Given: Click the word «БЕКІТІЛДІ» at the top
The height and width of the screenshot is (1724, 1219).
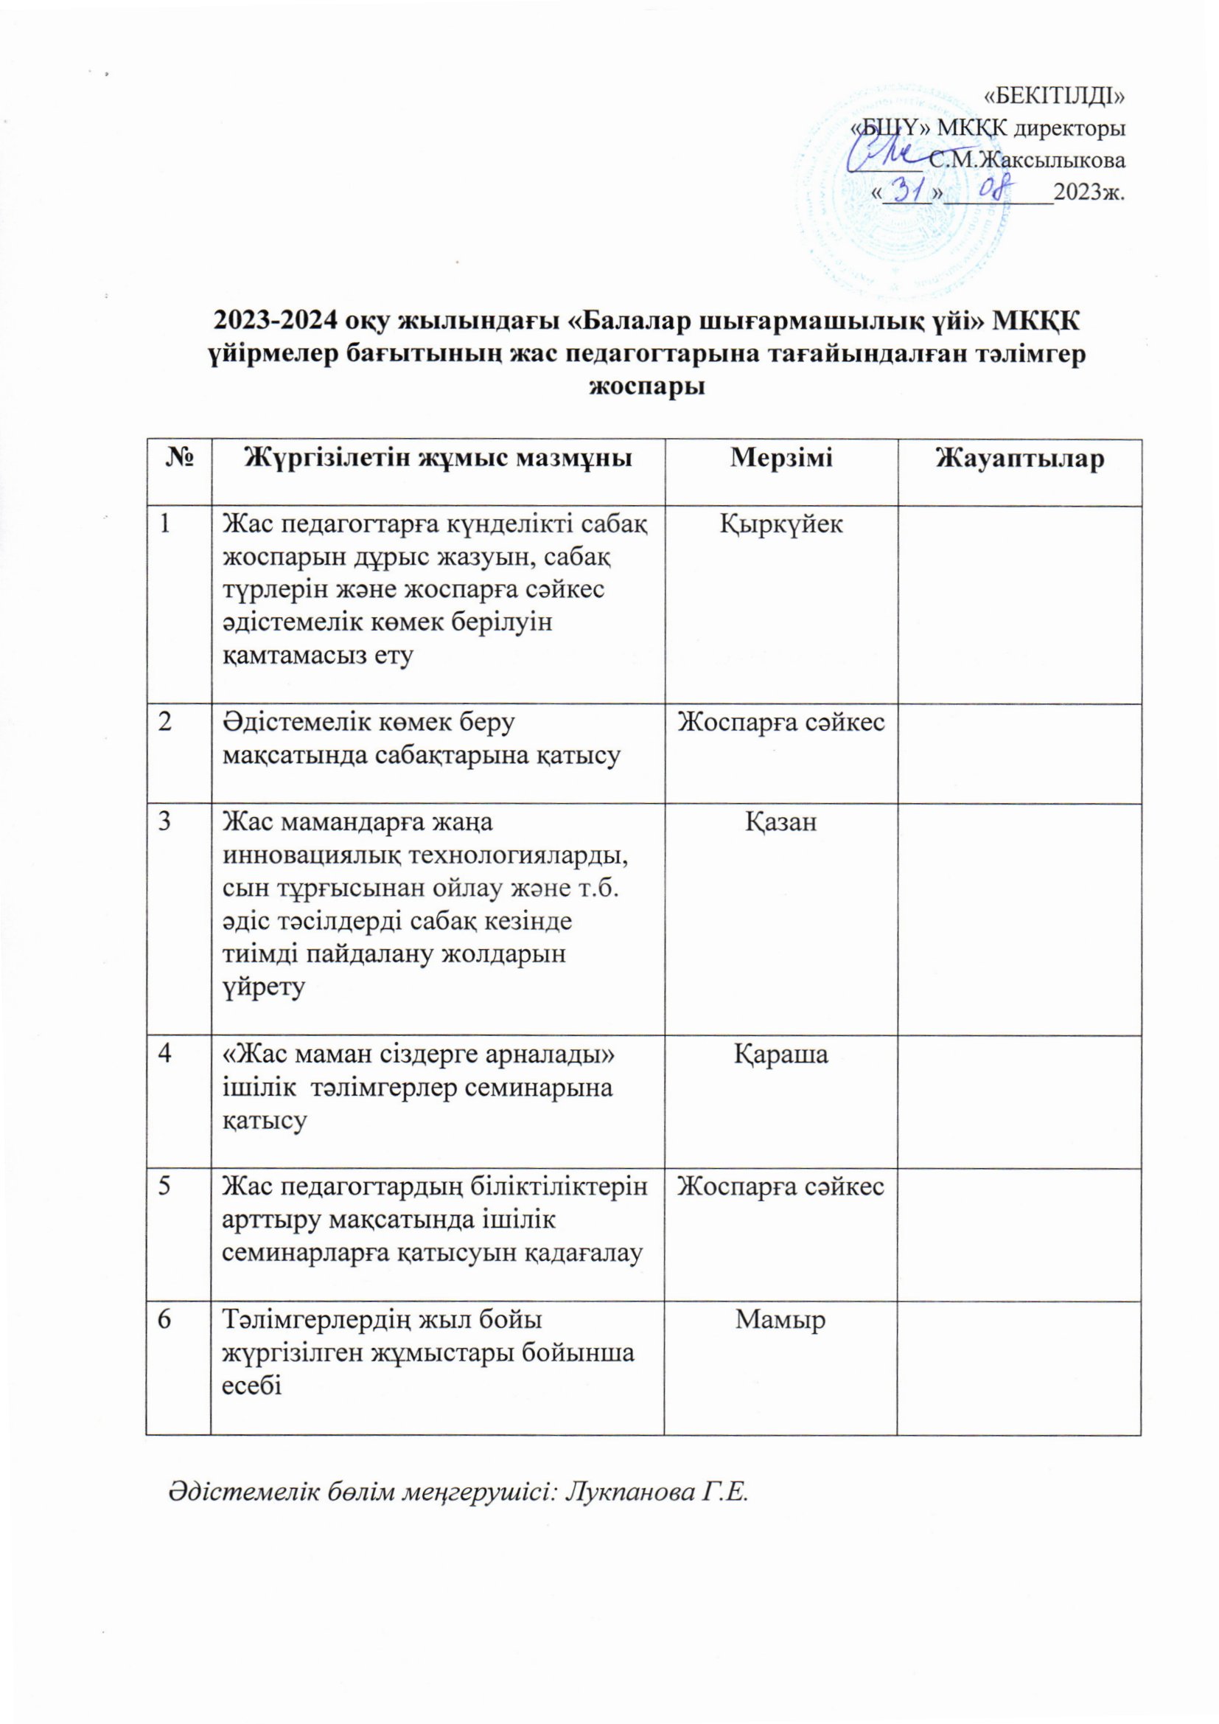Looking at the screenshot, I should click(x=1054, y=95).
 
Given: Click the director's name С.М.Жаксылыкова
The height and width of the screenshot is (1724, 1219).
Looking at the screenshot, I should click(x=1027, y=160).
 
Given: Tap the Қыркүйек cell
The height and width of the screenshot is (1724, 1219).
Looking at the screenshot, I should click(x=780, y=524).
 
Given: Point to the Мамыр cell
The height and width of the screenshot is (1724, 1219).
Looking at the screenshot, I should click(x=780, y=1319).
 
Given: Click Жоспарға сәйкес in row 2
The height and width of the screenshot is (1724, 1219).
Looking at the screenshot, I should click(x=780, y=723).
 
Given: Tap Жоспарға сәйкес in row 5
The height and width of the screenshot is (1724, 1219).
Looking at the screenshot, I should click(x=780, y=1186).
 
